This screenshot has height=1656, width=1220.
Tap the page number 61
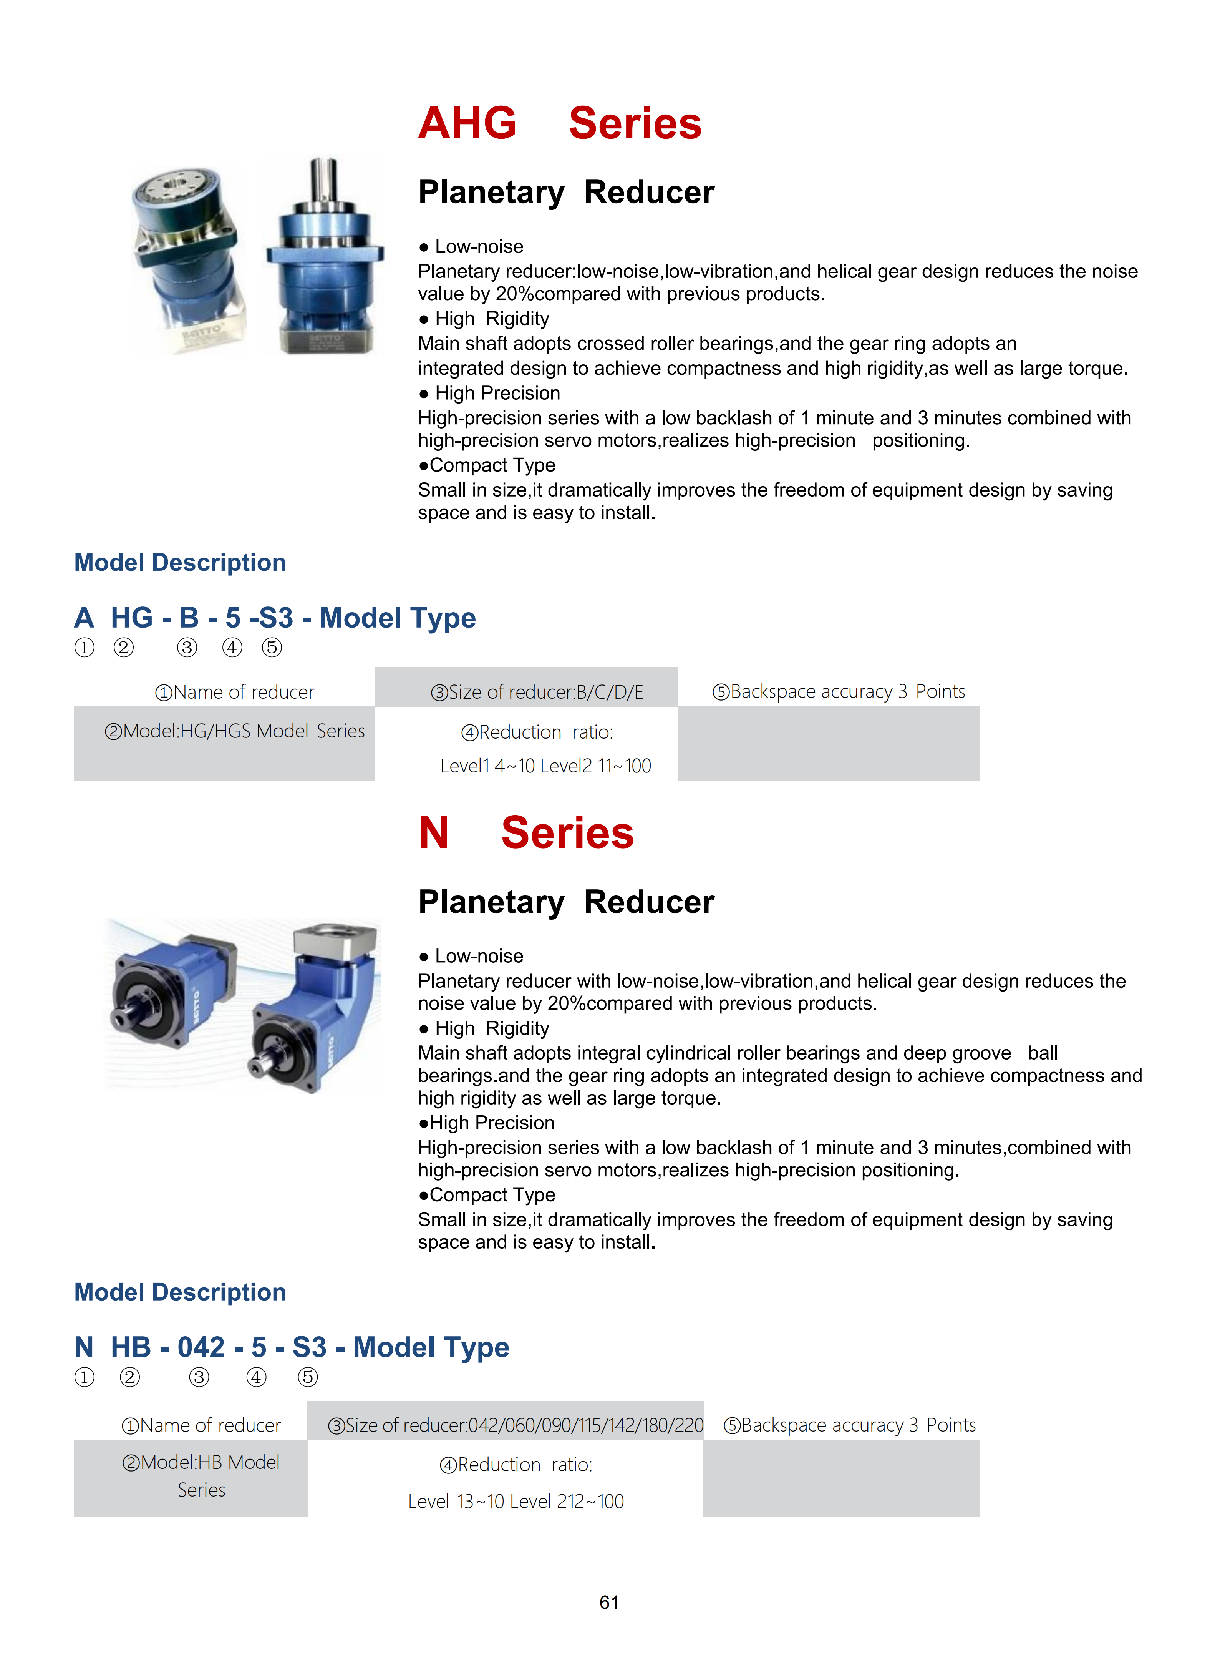[609, 1602]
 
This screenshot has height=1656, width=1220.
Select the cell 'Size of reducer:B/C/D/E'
[537, 692]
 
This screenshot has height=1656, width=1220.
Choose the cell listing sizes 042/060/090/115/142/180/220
[516, 1425]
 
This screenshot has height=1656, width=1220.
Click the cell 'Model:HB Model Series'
[201, 1476]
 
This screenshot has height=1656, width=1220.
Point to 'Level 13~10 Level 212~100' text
[516, 1501]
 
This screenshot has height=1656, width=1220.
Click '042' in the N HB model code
[201, 1347]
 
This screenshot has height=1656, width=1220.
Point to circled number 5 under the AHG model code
[272, 648]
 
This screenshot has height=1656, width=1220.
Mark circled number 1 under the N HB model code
[84, 1377]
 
